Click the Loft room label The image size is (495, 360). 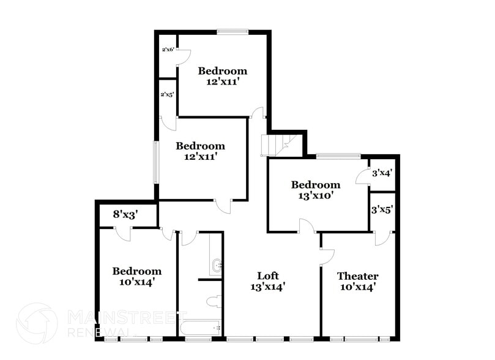tap(268, 276)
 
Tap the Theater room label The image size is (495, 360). tap(357, 276)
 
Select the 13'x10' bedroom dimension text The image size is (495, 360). tap(315, 196)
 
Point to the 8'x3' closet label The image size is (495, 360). tap(126, 214)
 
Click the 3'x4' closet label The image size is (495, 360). tap(382, 173)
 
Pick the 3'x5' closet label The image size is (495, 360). tap(382, 209)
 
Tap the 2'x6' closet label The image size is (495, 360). tap(168, 50)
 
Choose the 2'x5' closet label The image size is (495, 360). tap(167, 95)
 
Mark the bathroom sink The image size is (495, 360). tap(216, 265)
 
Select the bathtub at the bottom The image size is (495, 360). tap(201, 328)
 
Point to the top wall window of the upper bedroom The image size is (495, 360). tap(233, 32)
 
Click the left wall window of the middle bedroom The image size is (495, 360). tap(156, 162)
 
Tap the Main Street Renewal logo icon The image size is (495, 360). tap(37, 323)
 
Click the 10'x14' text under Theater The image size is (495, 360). tap(357, 287)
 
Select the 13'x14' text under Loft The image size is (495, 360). tap(268, 287)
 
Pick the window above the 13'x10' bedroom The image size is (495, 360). tap(338, 156)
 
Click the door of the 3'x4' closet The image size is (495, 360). tap(363, 177)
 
